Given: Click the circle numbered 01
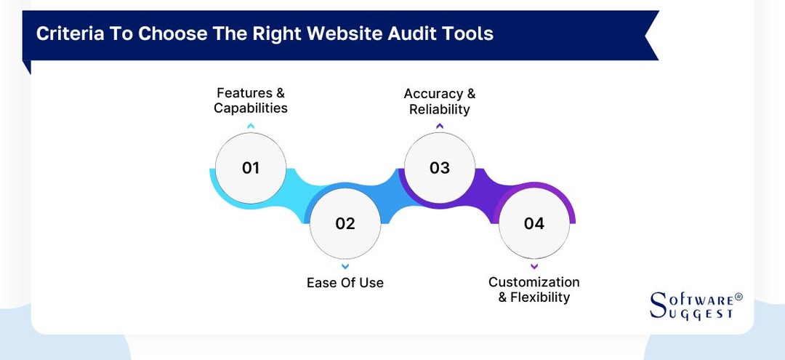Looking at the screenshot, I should coord(251,168).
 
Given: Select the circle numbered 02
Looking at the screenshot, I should coord(345,223).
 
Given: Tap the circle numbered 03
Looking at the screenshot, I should coord(439,168).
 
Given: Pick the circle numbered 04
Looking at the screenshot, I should coord(534,223).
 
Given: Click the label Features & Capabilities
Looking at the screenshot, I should coord(251,100).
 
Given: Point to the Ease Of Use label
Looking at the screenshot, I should coord(345,282).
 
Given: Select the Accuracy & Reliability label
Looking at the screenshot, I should coord(439,102).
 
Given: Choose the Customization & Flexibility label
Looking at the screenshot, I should coord(534,289).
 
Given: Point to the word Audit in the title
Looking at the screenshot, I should coord(416,33).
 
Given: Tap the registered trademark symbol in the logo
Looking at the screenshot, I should coord(738,297).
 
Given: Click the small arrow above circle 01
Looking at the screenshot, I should coord(251,126).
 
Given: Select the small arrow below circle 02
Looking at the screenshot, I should coord(345,265).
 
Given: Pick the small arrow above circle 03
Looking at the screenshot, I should coord(439,126).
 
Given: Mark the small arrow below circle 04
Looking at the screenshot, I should coord(534,265).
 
